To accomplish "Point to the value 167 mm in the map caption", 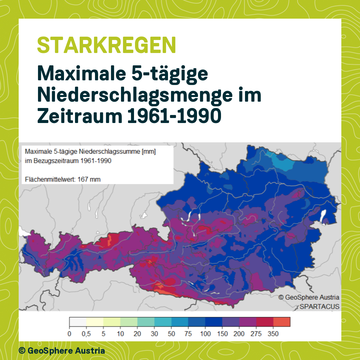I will pos(89,179).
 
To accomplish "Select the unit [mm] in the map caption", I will pos(149,152).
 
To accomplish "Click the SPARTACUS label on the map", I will pos(319,306).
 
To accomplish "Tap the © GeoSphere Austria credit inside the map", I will pos(309,297).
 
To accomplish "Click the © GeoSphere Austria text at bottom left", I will pos(62,350).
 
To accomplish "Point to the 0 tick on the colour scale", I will pos(69,334).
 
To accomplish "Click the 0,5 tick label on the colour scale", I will pos(86,334).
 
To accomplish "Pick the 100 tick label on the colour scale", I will pos(205,334).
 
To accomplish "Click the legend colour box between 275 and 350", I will pos(265,322).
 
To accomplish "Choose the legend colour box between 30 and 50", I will pos(163,322).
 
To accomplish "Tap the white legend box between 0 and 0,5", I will pos(78,322).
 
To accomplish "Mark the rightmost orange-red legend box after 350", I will pos(282,322).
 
